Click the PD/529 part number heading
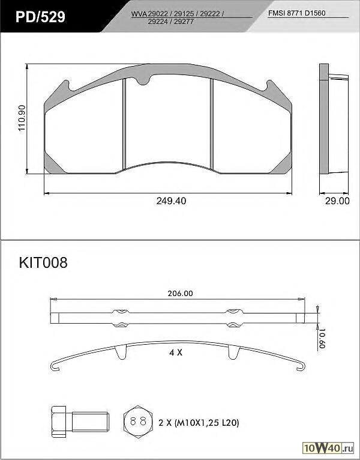pyautogui.click(x=40, y=17)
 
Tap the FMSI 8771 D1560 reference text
pyautogui.click(x=296, y=13)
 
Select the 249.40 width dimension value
pyautogui.click(x=171, y=201)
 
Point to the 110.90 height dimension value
pyautogui.click(x=22, y=118)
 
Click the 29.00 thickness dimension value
pyautogui.click(x=337, y=201)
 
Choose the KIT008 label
pyautogui.click(x=43, y=262)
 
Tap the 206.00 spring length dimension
pyautogui.click(x=180, y=294)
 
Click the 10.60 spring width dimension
pyautogui.click(x=322, y=338)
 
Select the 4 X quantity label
pyautogui.click(x=176, y=353)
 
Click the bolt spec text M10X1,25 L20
pyautogui.click(x=206, y=423)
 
